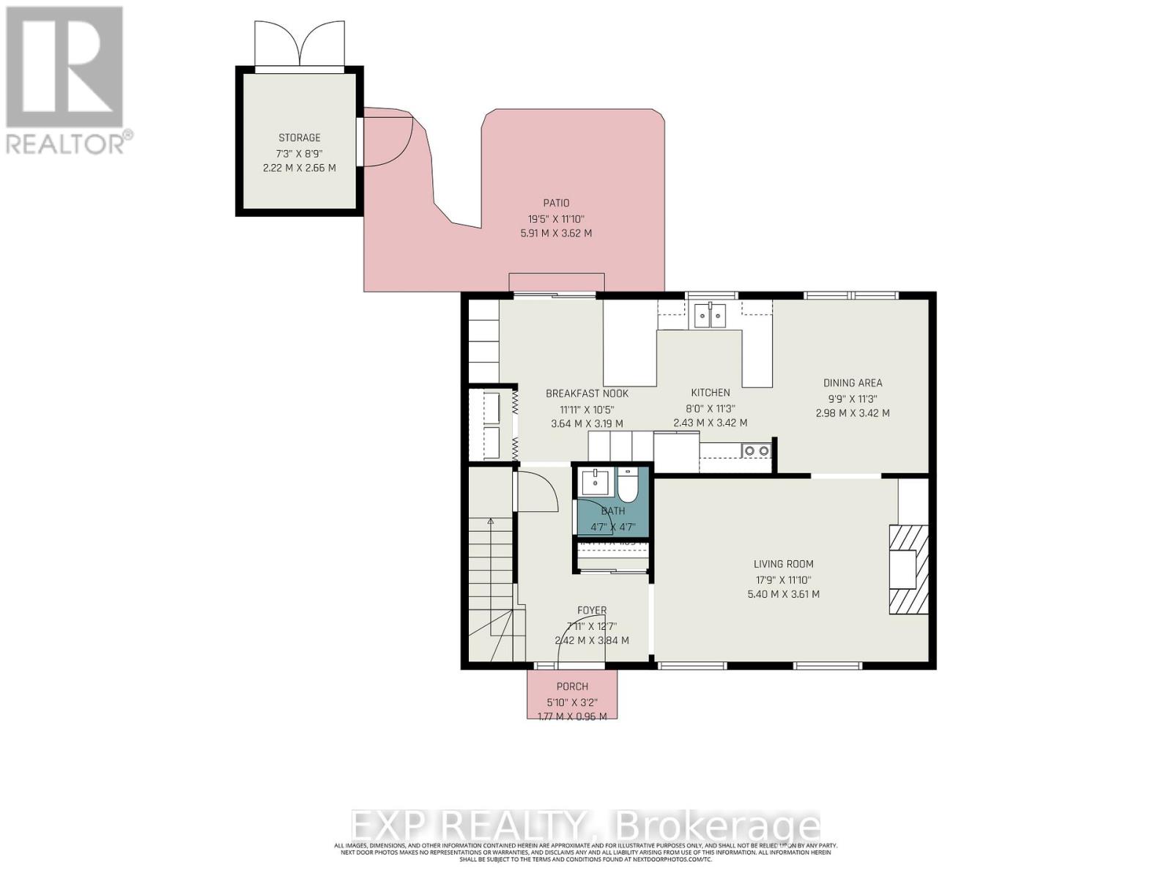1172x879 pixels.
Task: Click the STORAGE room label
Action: tap(299, 138)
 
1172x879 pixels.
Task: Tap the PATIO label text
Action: tap(556, 203)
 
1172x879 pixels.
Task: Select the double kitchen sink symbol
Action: tap(710, 316)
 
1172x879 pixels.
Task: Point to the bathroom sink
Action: tap(596, 483)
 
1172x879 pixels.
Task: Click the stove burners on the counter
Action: tap(756, 450)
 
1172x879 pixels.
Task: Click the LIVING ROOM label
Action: tap(783, 564)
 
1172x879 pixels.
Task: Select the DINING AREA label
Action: tap(853, 382)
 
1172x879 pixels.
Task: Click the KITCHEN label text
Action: tap(710, 393)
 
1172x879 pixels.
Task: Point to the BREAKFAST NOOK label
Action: tap(587, 393)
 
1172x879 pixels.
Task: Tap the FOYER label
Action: tap(591, 610)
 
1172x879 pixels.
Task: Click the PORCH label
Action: tap(572, 686)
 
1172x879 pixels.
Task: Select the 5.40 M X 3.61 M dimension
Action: tap(783, 594)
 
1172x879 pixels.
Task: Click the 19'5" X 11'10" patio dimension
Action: tap(556, 218)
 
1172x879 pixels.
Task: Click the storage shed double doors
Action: tap(299, 45)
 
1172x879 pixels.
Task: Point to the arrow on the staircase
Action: tap(491, 521)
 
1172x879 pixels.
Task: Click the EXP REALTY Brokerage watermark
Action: tap(585, 826)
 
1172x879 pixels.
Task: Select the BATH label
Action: tap(613, 511)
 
